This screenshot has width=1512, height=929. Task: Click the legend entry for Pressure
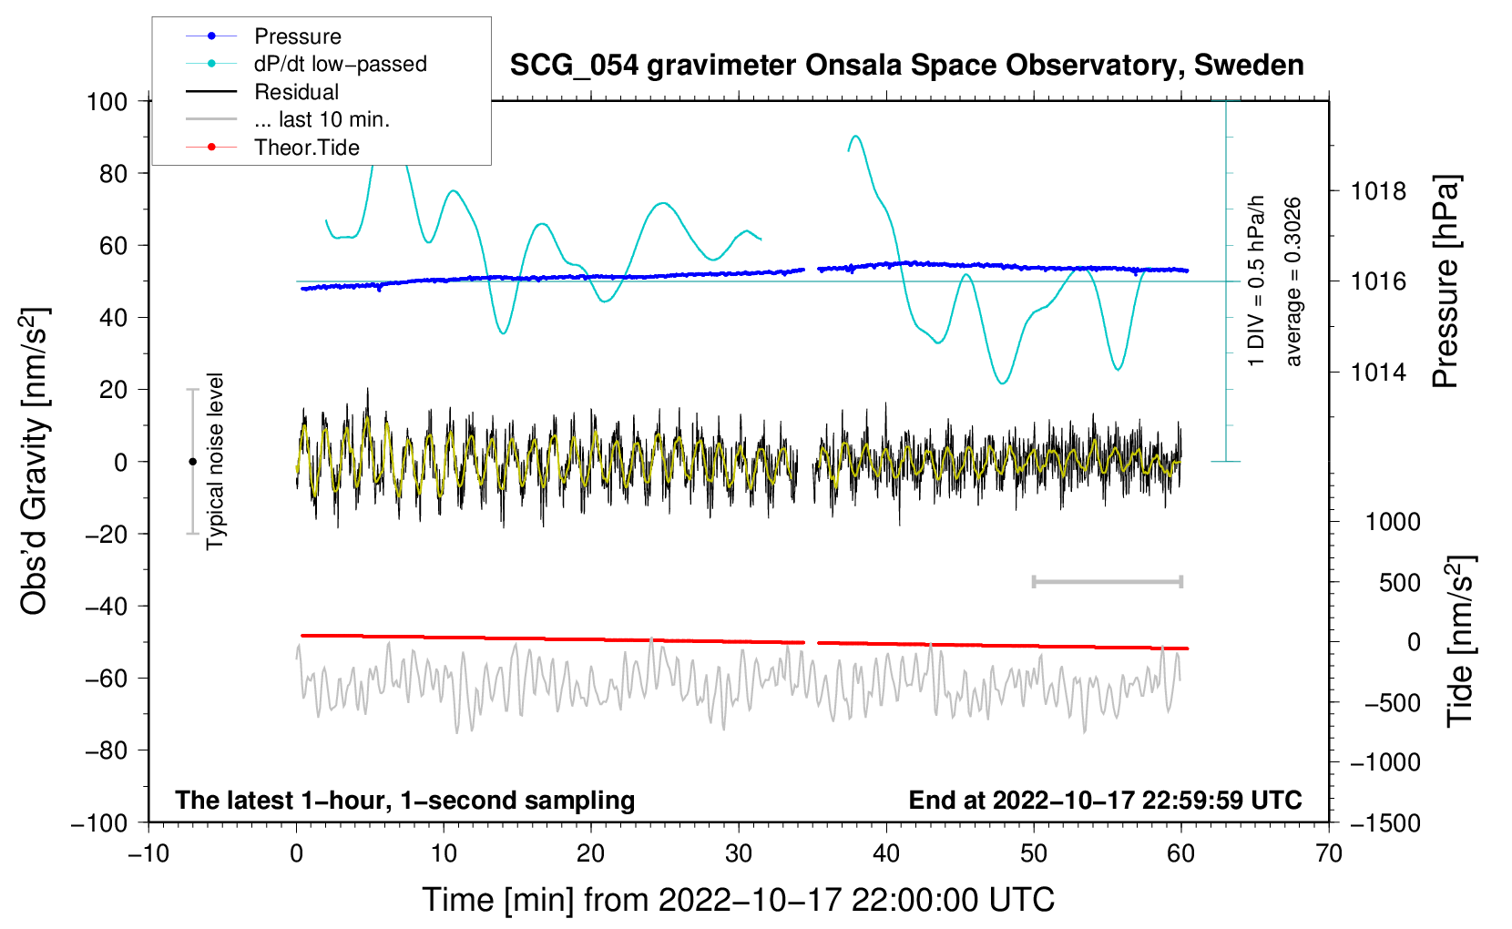pyautogui.click(x=297, y=36)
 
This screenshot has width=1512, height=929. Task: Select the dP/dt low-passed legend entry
pyautogui.click(x=340, y=64)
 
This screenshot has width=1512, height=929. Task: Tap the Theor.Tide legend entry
pyautogui.click(x=306, y=148)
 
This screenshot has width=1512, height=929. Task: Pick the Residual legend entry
pyautogui.click(x=296, y=92)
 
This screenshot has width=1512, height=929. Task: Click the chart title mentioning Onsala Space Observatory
pyautogui.click(x=906, y=66)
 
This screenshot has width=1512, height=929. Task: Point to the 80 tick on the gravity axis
pyautogui.click(x=113, y=173)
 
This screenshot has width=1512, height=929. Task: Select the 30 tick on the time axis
pyautogui.click(x=739, y=853)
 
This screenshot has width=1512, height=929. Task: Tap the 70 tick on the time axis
pyautogui.click(x=1329, y=853)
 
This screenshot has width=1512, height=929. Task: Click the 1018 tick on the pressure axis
pyautogui.click(x=1378, y=191)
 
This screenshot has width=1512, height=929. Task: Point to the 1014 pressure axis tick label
pyautogui.click(x=1378, y=373)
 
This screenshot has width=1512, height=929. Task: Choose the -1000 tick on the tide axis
pyautogui.click(x=1384, y=762)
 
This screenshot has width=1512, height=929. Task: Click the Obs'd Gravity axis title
pyautogui.click(x=35, y=462)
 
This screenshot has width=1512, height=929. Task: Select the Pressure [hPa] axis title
pyautogui.click(x=1446, y=281)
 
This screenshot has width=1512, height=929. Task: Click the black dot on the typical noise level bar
pyautogui.click(x=192, y=462)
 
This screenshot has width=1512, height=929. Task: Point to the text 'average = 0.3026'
pyautogui.click(x=1292, y=281)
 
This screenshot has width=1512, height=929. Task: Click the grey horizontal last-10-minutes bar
pyautogui.click(x=1107, y=581)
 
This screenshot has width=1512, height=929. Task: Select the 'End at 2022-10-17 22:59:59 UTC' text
pyautogui.click(x=1105, y=800)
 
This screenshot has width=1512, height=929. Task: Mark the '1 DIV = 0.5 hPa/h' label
pyautogui.click(x=1257, y=281)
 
